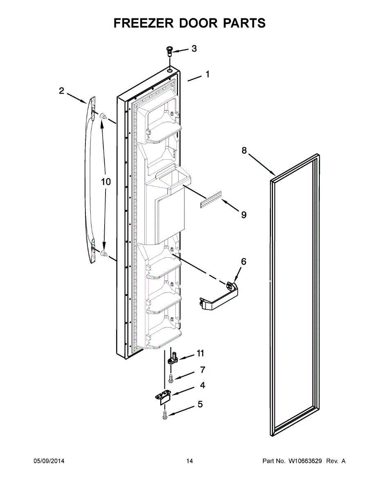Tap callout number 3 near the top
194,49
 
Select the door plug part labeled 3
169,51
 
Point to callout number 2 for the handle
61,91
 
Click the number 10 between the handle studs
106,182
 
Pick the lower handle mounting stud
103,254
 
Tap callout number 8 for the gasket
244,151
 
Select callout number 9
244,215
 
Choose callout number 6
244,262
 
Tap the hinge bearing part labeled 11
174,358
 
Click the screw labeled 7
171,379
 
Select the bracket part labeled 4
164,397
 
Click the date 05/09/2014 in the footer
49,461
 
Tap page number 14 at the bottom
189,461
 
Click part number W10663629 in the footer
304,461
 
